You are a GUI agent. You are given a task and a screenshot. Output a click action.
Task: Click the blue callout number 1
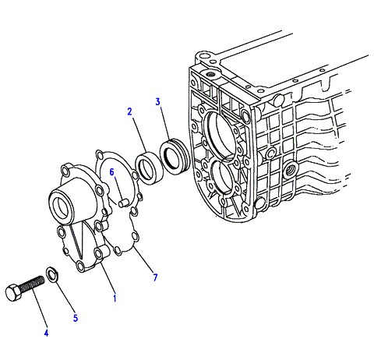point(115,298)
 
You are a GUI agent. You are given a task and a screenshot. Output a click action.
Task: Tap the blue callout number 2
point(129,111)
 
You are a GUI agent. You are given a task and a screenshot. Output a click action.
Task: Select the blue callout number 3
point(158,101)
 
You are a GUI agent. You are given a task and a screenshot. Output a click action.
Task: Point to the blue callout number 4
point(46,333)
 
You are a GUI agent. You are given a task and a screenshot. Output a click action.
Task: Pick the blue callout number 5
point(76,318)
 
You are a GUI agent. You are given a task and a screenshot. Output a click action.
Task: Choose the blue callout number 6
point(111,171)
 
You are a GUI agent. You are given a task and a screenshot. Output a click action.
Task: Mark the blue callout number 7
point(155,277)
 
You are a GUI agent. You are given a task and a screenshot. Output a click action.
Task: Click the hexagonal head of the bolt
point(13,293)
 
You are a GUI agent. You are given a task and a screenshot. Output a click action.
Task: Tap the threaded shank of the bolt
point(32,283)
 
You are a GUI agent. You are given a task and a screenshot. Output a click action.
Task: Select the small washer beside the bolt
point(52,274)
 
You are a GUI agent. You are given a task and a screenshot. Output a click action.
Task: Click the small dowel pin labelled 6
point(122,203)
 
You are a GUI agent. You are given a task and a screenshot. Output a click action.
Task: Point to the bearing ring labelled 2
point(149,168)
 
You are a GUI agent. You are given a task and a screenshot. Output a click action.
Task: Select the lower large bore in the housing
point(224,177)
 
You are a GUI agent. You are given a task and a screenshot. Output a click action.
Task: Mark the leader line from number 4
point(41,309)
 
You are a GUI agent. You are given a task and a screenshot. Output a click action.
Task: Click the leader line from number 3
point(165,122)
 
